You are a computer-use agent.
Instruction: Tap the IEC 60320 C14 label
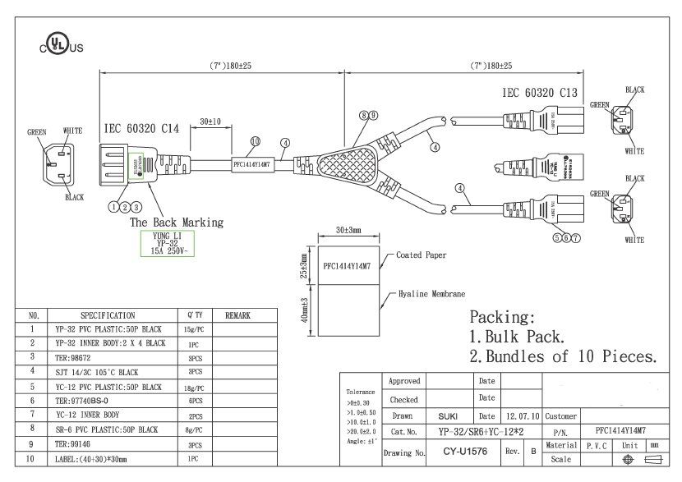tap(141, 129)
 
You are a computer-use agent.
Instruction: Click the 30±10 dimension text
tap(211, 122)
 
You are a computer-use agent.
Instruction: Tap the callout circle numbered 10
tap(255, 141)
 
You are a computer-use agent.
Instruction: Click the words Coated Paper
tap(421, 255)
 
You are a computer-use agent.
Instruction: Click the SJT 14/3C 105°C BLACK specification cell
tap(96, 372)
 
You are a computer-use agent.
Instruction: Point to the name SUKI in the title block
tap(448, 416)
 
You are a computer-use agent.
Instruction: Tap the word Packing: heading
tap(502, 317)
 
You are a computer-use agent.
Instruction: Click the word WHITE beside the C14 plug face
tap(73, 131)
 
